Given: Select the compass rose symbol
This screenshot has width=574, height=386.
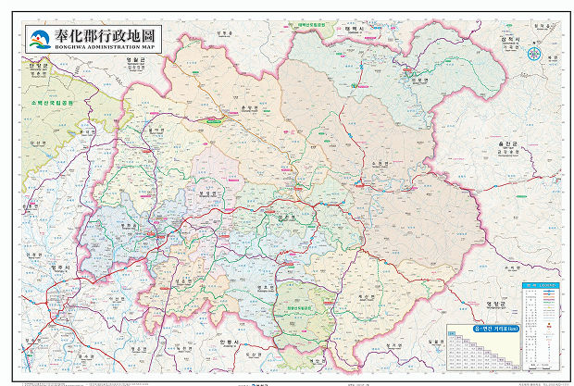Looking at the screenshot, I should tap(534, 53).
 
